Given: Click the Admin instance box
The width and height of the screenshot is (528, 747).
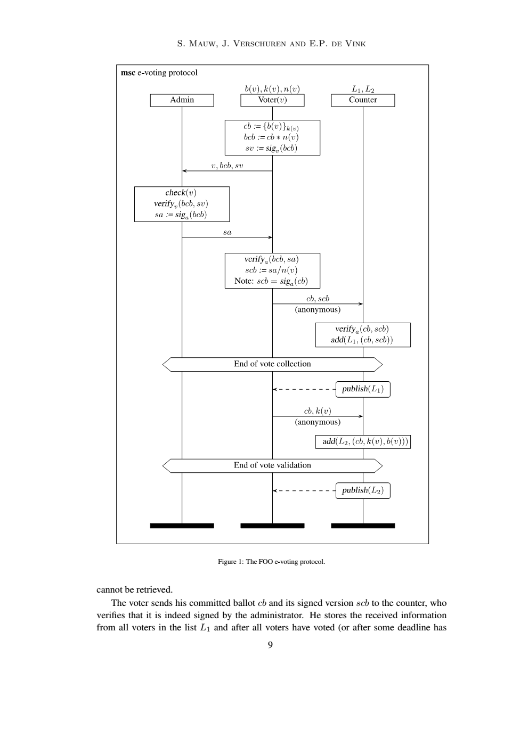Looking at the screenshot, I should [182, 100].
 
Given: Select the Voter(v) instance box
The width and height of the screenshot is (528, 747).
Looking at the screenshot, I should [272, 100].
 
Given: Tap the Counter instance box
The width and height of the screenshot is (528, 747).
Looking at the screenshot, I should [363, 100].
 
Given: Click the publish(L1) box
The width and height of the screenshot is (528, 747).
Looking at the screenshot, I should [363, 389].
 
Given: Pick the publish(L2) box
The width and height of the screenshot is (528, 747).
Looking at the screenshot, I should [363, 490].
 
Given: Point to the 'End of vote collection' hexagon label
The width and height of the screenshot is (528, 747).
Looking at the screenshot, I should [272, 364].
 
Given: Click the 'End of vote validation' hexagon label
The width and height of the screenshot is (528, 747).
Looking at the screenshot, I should [272, 465].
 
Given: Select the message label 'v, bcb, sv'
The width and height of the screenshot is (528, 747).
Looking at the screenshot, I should [227, 166].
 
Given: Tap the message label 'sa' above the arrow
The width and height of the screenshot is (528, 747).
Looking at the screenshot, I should [227, 232].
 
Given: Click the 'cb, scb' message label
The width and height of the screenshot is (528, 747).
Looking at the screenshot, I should [318, 299].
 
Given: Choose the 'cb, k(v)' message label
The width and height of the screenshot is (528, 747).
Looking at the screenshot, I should [318, 411].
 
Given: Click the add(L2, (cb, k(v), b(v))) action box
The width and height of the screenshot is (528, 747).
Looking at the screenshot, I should [363, 441].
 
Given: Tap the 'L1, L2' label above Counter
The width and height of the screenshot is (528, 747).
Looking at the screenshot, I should [363, 89].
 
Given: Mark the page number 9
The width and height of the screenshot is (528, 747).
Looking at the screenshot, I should [270, 645].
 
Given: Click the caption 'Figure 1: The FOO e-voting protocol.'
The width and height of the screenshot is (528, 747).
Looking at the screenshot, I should [271, 562].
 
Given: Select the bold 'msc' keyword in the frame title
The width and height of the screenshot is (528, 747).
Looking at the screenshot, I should [128, 72].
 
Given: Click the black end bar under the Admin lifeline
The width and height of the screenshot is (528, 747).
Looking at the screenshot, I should [182, 526].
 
